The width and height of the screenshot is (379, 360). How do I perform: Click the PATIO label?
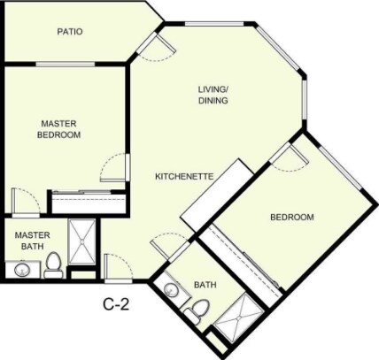(70, 32)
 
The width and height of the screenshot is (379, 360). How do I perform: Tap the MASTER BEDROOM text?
(59, 129)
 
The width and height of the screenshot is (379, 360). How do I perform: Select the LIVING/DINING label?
(213, 95)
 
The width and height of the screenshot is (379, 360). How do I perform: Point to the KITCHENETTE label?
(184, 176)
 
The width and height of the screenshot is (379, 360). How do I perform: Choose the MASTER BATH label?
(32, 241)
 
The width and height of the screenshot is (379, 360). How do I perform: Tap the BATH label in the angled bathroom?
(205, 285)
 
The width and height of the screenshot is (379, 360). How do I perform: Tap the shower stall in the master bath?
(85, 240)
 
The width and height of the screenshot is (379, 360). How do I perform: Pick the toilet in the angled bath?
(199, 309)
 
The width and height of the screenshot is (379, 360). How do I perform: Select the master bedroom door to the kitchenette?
(115, 166)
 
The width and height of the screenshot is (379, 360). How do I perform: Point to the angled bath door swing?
(165, 244)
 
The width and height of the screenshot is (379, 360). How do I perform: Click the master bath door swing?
(22, 200)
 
